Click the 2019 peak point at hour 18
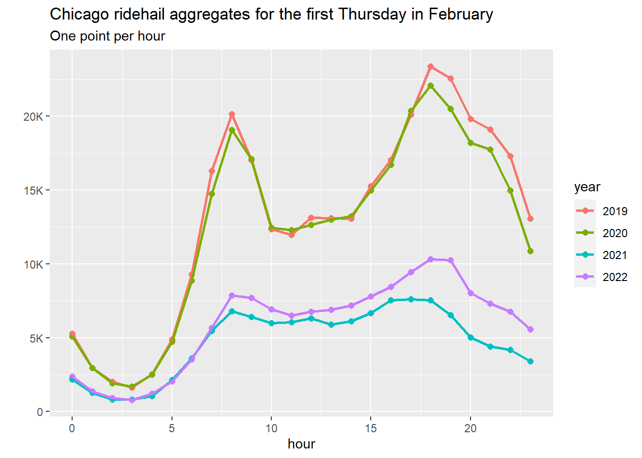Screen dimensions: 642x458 point(430,67)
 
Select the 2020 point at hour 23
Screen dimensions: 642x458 point(530,251)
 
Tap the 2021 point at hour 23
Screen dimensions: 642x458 point(530,362)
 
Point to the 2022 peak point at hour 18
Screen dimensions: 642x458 point(430,260)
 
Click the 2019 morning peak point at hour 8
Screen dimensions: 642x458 point(232,114)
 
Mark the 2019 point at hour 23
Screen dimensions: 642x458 point(530,219)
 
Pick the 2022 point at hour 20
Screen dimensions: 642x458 point(471,293)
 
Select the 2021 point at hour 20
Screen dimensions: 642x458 point(471,337)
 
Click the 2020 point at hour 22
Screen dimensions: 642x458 point(510,191)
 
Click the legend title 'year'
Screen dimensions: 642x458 point(587,187)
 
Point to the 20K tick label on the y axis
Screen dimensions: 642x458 point(33,117)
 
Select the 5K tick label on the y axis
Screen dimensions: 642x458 point(36,339)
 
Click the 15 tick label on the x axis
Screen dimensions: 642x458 point(371,428)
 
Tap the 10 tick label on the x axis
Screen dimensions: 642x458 point(271,428)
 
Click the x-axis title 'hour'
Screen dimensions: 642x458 point(301,444)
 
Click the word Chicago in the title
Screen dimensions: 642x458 point(79,14)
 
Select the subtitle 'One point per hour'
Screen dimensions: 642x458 point(107,36)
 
